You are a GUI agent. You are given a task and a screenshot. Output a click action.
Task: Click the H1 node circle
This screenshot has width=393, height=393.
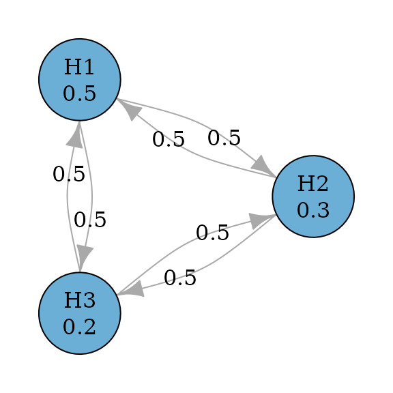click(80, 80)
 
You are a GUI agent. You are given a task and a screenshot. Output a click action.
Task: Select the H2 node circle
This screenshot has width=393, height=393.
click(313, 196)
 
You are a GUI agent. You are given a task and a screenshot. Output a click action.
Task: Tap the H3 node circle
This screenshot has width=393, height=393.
click(80, 313)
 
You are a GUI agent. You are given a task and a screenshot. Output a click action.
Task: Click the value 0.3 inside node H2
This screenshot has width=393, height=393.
click(313, 210)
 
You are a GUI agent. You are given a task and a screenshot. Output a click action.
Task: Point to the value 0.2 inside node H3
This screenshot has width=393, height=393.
click(79, 327)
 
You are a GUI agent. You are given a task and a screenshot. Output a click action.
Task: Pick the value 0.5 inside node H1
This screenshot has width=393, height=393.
click(79, 93)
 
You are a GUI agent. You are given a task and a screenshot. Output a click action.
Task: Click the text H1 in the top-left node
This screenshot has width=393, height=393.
click(79, 67)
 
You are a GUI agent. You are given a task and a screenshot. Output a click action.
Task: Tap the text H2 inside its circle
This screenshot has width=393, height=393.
click(312, 184)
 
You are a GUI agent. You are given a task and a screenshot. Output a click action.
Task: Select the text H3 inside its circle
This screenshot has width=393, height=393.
click(80, 300)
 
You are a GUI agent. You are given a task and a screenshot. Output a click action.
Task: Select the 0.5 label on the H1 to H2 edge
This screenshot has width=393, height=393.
click(224, 138)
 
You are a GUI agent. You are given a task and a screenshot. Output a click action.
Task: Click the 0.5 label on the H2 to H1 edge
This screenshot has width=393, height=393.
click(169, 139)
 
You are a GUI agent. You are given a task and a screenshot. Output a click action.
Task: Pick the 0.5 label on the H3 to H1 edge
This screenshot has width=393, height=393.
click(69, 174)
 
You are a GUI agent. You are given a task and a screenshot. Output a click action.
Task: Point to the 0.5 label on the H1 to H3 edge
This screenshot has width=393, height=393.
click(90, 220)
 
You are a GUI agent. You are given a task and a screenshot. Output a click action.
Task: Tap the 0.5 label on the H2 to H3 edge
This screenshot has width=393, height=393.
click(180, 278)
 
